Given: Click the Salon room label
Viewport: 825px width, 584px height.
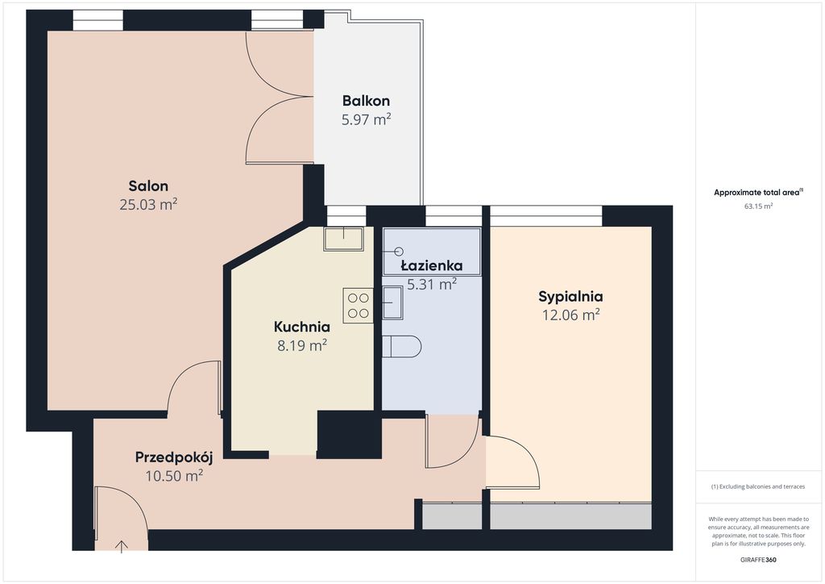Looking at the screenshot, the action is tap(148, 186).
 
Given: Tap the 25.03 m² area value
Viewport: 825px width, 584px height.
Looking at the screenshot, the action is tap(148, 204).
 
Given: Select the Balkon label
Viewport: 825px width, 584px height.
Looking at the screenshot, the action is tap(366, 101).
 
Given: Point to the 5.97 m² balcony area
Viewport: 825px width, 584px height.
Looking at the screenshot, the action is tap(367, 119).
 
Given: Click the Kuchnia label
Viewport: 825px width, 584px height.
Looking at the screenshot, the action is tap(302, 327).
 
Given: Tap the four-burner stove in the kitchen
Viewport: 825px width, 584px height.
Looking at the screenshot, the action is tap(358, 306).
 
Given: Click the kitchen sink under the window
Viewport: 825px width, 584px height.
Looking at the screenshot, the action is tap(343, 239).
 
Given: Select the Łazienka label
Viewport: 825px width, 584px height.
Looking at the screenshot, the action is tap(432, 265).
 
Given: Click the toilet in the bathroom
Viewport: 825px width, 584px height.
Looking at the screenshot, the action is tap(401, 347).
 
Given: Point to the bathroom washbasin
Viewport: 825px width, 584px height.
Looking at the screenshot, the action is tap(392, 302).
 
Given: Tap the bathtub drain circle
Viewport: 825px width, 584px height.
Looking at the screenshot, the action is tap(399, 251).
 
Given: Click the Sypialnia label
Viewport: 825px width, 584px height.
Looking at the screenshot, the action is tap(571, 297).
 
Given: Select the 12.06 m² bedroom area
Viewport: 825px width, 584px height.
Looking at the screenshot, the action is tap(571, 315).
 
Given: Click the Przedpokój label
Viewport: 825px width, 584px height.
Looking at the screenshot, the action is tap(174, 457).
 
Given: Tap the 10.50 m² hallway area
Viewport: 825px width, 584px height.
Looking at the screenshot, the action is tap(174, 476).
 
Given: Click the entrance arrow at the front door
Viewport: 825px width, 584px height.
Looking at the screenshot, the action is tap(122, 546).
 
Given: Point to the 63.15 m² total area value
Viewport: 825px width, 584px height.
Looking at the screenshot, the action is tap(758, 206).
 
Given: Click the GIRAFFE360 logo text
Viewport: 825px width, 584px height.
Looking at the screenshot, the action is tap(758, 560).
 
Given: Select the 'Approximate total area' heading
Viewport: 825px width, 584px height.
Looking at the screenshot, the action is tap(757, 193).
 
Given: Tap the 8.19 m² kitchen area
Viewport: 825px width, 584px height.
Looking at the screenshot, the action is tap(302, 345).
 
